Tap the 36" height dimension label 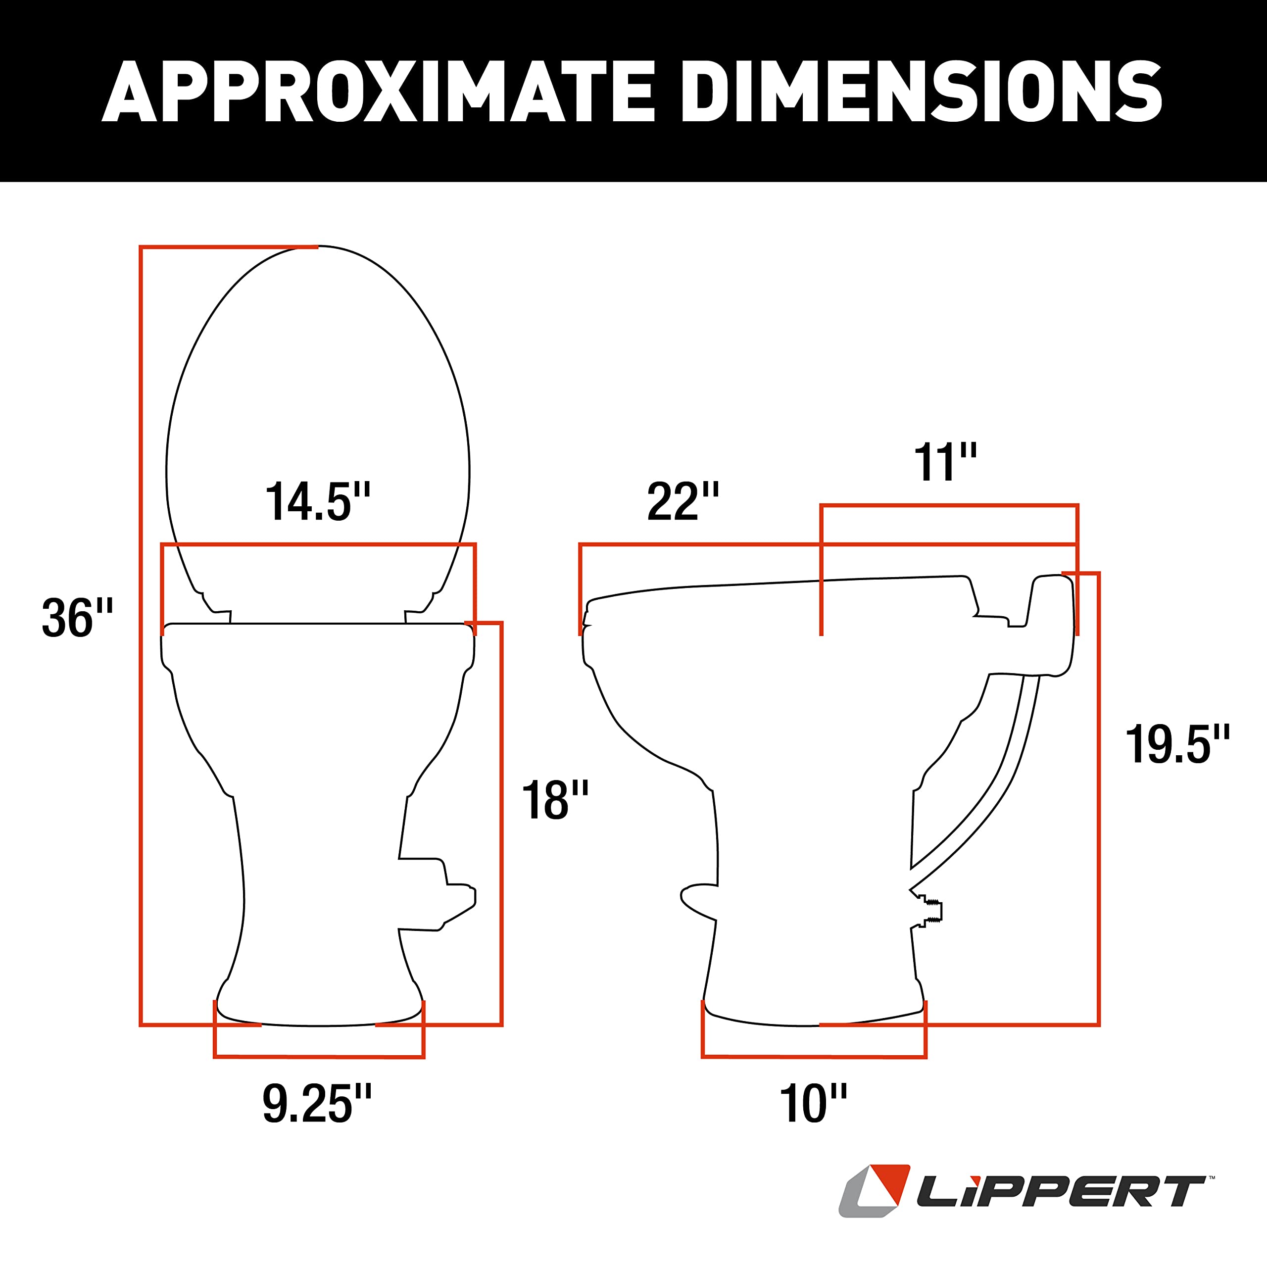coord(77,619)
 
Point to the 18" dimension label coord(555,801)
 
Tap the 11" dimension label coord(945,463)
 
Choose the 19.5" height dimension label coord(1177,745)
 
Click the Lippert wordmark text coord(1060,1192)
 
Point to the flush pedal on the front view coord(446,893)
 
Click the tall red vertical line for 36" coord(141,636)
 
